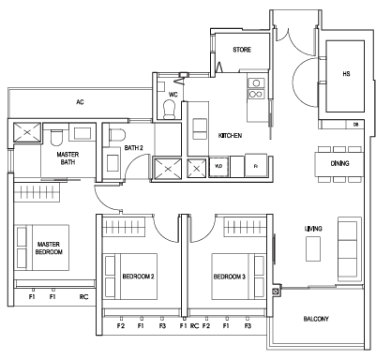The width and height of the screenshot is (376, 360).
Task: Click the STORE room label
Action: tap(242, 50)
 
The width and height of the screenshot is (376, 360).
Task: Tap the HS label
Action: tap(346, 74)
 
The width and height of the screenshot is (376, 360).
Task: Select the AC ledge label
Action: tap(80, 102)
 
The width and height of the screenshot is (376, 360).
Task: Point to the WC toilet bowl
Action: tap(170, 109)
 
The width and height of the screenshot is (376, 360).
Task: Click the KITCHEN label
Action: tap(230, 136)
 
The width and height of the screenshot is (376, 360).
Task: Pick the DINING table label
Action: tap(339, 163)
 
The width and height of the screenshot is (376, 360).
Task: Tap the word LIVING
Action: tap(313, 229)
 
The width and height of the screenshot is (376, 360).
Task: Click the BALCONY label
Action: tap(316, 319)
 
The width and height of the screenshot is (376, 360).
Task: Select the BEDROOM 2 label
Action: tap(138, 277)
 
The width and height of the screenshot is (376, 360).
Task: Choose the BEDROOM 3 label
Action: tap(230, 277)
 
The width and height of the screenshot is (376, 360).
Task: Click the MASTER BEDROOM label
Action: tap(49, 248)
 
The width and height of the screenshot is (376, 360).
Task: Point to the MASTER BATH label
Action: tap(68, 158)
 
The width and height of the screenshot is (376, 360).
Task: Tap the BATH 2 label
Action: tap(133, 148)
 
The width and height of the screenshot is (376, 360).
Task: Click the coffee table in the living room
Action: tap(313, 248)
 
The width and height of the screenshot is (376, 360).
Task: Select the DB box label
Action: tap(355, 125)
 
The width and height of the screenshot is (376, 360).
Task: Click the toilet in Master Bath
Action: tap(56, 138)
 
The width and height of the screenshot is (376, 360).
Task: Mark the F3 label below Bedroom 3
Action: tap(248, 326)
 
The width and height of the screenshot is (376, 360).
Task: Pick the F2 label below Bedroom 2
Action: tap(121, 326)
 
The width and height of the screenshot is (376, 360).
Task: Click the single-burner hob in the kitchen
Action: tap(256, 83)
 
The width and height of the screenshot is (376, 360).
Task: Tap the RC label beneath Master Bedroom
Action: tap(83, 297)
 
